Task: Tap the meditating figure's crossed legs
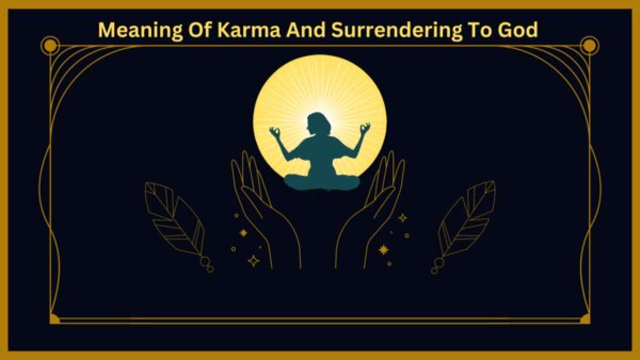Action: click(321, 182)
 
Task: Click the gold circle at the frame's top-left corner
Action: click(50, 46)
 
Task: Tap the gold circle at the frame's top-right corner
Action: click(589, 46)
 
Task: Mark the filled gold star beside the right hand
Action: click(383, 250)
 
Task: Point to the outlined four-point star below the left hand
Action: click(254, 261)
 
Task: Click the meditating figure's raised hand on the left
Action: click(275, 131)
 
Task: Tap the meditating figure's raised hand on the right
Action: click(365, 129)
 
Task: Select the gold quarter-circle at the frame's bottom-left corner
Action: click(53, 319)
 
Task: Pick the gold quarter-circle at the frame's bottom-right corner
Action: click(586, 319)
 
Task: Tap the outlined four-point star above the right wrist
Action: click(403, 218)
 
